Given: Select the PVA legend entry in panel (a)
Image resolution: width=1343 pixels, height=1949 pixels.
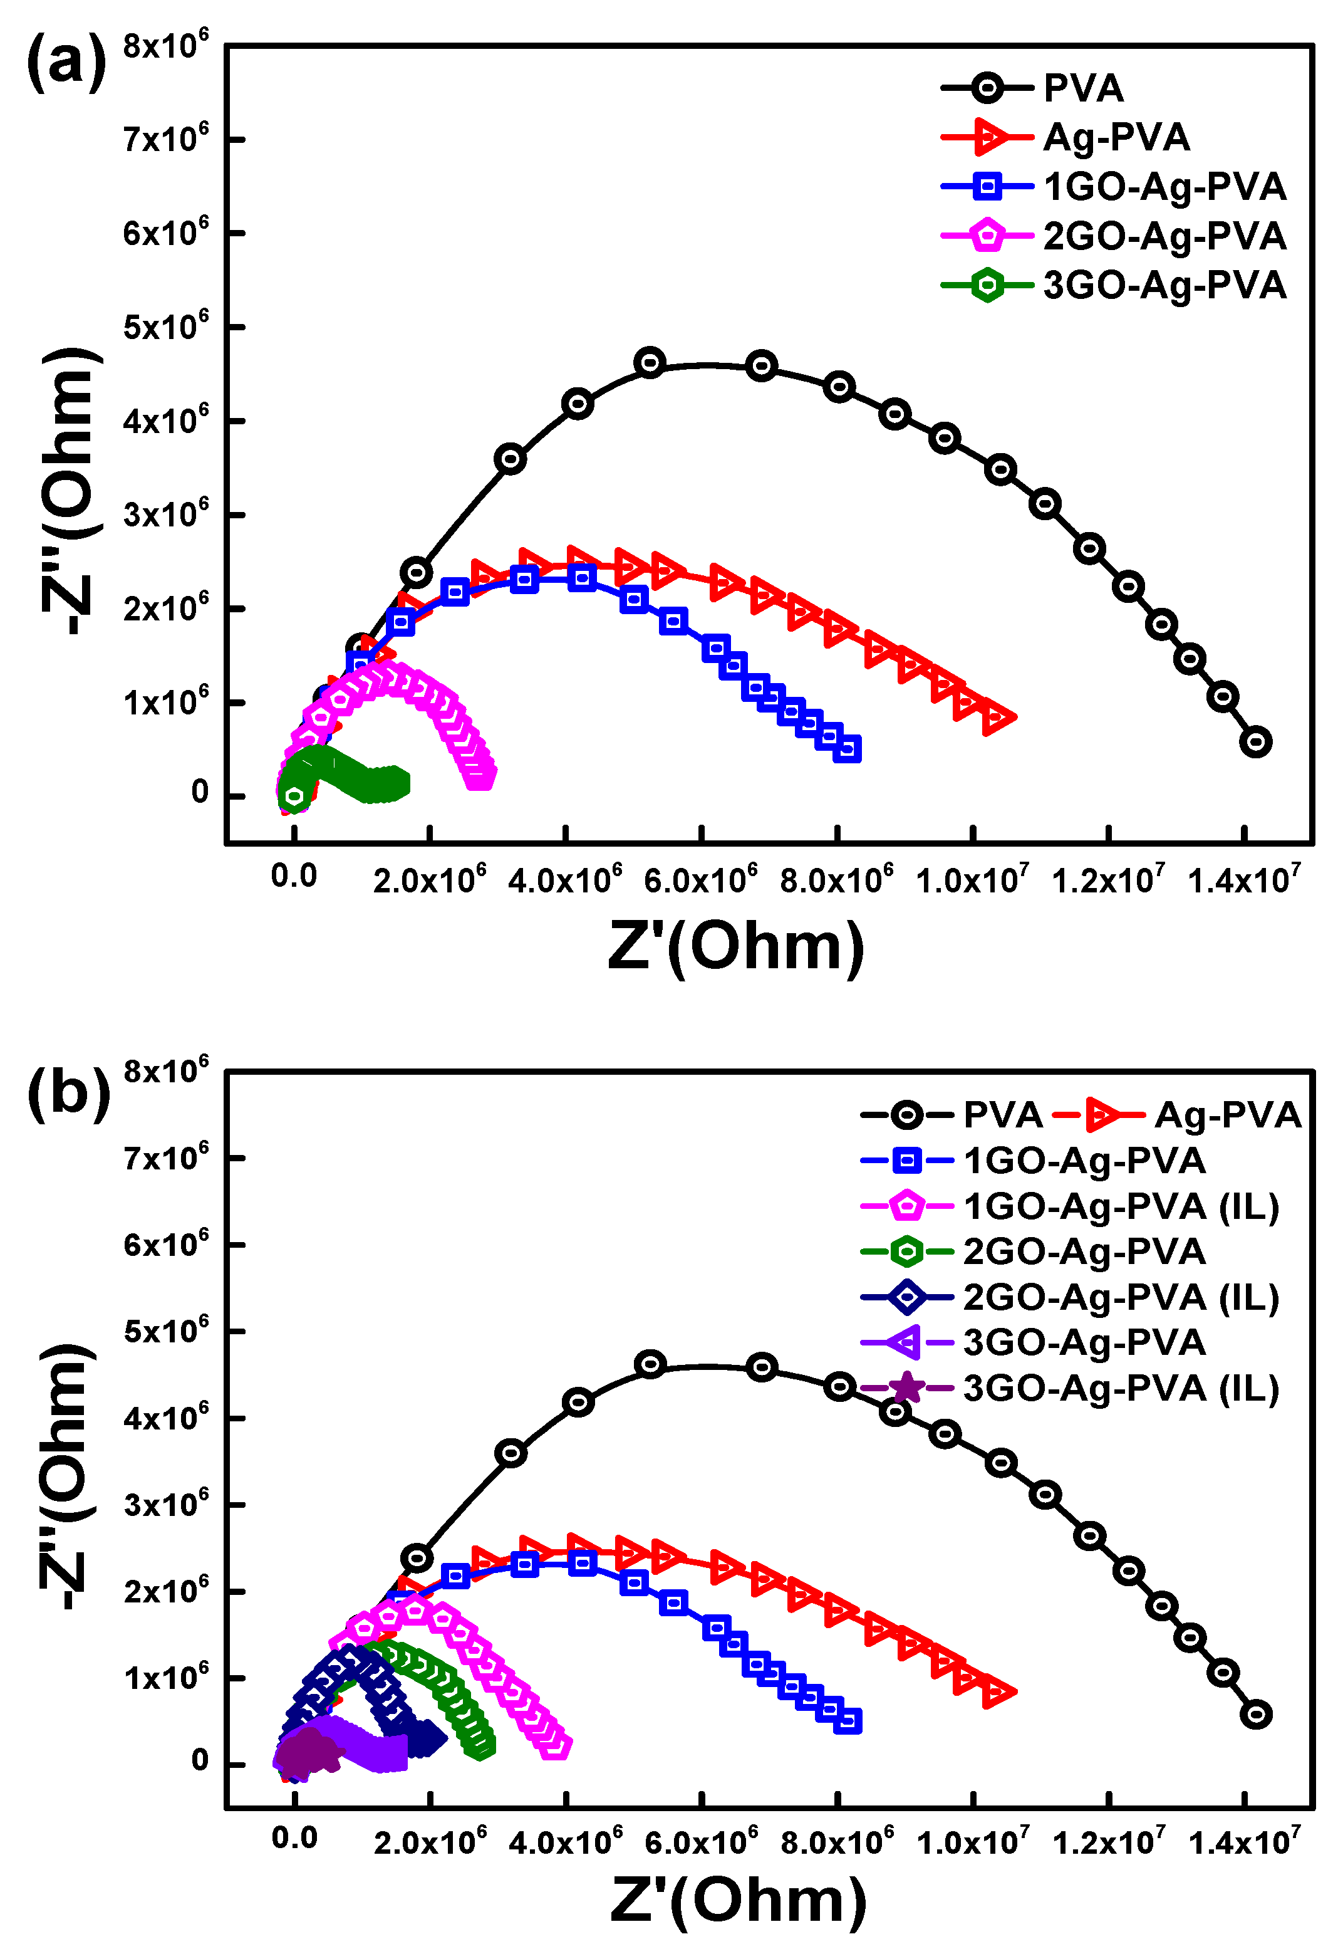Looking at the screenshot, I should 1083,88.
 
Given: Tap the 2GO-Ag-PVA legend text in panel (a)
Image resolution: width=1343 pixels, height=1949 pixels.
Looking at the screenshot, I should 1164,236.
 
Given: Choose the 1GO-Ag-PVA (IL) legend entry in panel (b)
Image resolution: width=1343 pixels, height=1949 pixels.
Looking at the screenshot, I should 1120,1206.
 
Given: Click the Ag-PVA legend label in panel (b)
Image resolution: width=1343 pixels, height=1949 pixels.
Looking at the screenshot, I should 1227,1116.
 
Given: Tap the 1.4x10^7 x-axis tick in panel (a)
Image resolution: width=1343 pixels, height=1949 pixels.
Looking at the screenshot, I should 1243,880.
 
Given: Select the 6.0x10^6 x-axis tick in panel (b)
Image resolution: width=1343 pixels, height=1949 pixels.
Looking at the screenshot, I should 701,1841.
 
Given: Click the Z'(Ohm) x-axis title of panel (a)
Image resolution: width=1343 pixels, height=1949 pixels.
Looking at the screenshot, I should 735,947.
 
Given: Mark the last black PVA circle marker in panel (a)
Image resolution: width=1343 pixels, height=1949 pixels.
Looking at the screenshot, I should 1255,742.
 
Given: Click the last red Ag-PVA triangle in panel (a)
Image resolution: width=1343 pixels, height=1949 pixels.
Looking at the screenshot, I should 998,718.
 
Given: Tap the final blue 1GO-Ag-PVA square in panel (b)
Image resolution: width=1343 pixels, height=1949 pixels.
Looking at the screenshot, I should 848,1721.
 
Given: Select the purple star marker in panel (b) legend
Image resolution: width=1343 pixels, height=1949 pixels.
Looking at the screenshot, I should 906,1388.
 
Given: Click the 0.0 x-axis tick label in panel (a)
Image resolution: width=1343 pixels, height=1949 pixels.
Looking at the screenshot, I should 294,876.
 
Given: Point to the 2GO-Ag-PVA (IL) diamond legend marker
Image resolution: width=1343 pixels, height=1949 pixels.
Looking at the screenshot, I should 906,1297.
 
